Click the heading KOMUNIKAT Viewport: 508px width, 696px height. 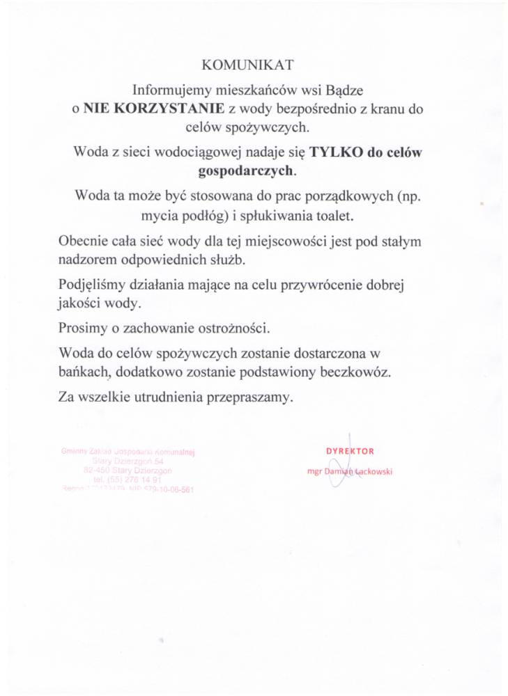[247, 65]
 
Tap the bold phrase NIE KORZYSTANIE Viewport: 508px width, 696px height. [154, 109]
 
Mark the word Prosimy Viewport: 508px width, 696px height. [82, 327]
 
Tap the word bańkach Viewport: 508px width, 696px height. [84, 372]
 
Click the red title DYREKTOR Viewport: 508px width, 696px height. [350, 450]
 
